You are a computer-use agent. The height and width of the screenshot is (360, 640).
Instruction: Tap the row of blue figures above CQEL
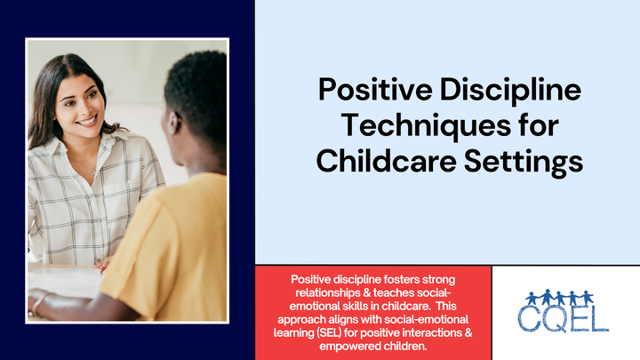pyautogui.click(x=559, y=297)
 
